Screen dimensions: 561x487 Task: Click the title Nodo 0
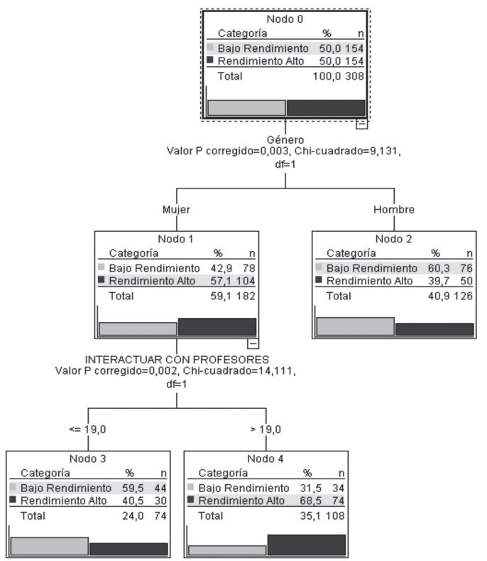point(284,19)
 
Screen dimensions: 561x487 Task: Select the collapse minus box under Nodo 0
point(361,123)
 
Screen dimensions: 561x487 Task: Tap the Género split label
point(285,140)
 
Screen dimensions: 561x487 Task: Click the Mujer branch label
point(177,210)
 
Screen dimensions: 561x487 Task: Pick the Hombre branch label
point(393,210)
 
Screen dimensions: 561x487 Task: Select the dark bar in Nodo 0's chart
point(325,108)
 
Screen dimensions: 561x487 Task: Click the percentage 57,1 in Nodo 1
point(224,282)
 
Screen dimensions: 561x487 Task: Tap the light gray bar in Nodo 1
point(138,328)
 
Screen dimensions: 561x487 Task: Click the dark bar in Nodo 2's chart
point(434,329)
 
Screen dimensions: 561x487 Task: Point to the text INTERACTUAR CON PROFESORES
point(177,360)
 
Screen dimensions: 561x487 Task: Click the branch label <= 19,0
point(87,429)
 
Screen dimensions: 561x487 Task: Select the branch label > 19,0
point(266,429)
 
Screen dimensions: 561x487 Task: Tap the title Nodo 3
point(87,459)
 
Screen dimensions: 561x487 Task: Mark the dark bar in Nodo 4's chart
point(306,545)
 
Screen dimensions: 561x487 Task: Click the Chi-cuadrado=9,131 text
point(360,151)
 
